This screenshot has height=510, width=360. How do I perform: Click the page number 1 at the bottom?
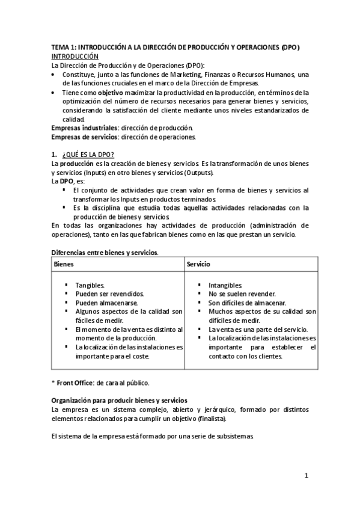coord(306,476)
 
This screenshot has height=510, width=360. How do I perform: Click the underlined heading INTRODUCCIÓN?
coord(75,55)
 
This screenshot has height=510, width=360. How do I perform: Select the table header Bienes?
coord(64,264)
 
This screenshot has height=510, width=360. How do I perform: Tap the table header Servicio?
coord(199,264)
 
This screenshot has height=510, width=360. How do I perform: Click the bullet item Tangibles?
coord(90,285)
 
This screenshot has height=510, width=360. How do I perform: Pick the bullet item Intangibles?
coord(225,285)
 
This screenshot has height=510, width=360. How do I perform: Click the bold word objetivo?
coord(110,93)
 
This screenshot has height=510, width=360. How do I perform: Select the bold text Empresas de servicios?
coord(82,137)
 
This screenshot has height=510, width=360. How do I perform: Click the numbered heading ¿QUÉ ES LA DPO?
coord(87,155)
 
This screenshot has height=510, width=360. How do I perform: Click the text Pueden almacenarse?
coord(106,303)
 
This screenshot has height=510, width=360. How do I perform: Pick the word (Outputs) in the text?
coord(197,173)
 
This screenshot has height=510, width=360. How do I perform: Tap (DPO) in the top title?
coord(290,47)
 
